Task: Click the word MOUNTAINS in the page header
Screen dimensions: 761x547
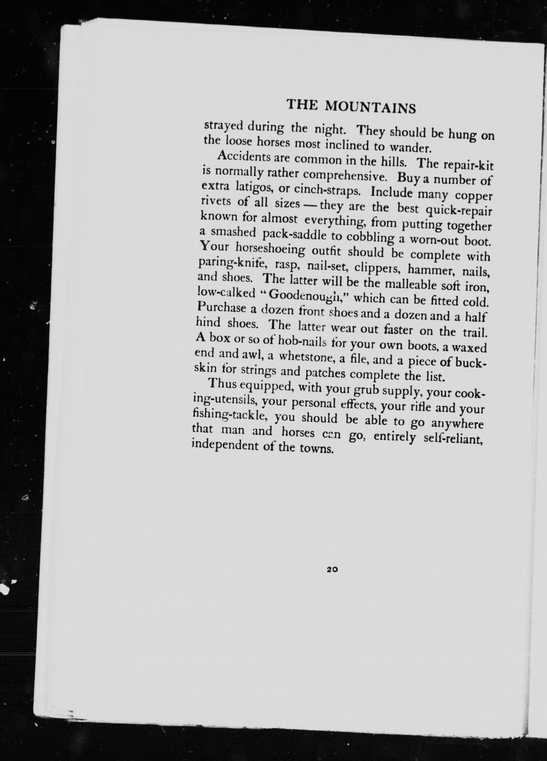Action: pos(371,108)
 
